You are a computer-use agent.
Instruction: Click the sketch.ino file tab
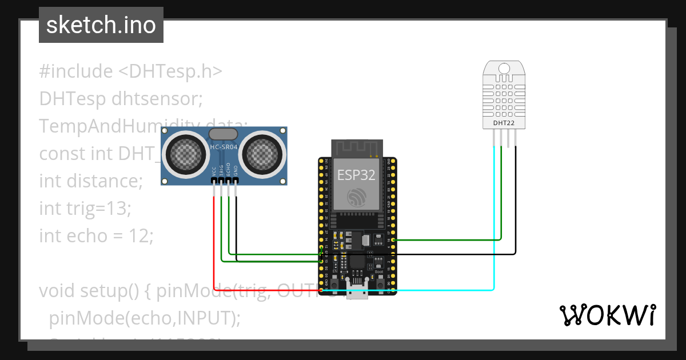[101, 25]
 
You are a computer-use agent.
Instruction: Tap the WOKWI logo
[607, 315]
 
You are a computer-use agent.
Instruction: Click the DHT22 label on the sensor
[504, 122]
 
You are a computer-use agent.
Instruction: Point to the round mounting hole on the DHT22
[504, 69]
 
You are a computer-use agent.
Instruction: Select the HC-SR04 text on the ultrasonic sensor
[224, 147]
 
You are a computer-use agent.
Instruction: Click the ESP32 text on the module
[356, 175]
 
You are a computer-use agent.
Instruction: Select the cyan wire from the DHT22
[494, 229]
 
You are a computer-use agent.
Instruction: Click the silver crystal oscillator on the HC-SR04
[224, 134]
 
